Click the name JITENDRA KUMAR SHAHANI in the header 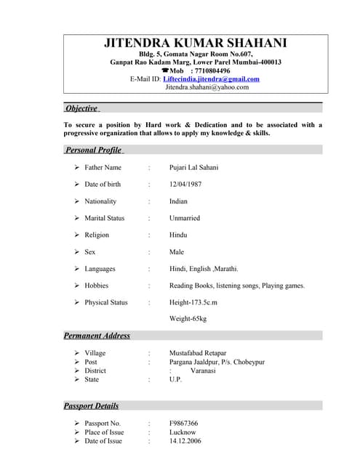195,44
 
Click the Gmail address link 211,79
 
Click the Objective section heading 81,108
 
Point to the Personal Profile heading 93,150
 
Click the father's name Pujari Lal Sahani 193,168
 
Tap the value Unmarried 188,218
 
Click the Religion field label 97,235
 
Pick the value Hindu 178,235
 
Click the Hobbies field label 97,286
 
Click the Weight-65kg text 188,319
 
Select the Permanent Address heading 97,336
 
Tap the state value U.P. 175,379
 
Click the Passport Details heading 91,405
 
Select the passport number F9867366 184,423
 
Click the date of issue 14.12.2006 185,441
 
